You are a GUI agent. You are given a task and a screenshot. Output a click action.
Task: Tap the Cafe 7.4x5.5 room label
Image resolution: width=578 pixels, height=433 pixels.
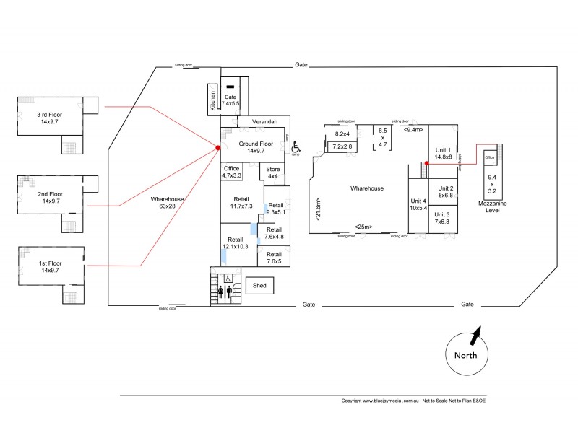231,100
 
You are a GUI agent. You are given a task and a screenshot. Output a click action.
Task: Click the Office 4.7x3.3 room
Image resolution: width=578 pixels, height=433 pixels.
232,172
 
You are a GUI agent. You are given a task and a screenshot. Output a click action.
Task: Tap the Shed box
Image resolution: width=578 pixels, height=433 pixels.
259,286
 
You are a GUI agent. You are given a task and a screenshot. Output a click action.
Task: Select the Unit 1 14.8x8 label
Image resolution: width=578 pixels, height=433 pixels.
443,152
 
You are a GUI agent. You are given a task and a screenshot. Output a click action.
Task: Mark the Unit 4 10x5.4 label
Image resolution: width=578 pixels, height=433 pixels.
419,204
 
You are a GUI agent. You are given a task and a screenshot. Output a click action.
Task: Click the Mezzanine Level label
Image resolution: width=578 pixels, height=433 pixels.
492,208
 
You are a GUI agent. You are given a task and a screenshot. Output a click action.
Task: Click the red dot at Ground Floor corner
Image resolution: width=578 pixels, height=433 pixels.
217,148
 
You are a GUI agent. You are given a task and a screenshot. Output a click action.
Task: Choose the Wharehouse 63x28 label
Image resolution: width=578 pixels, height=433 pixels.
165,202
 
